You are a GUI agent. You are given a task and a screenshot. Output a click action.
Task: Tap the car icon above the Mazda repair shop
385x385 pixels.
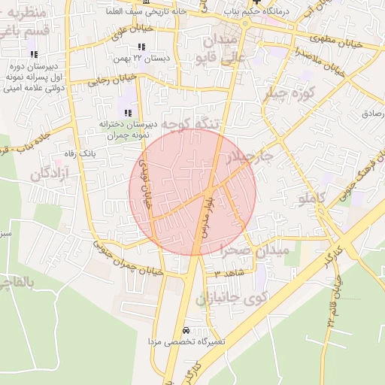186,331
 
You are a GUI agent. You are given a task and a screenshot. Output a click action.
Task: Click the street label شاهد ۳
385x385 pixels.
225,273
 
